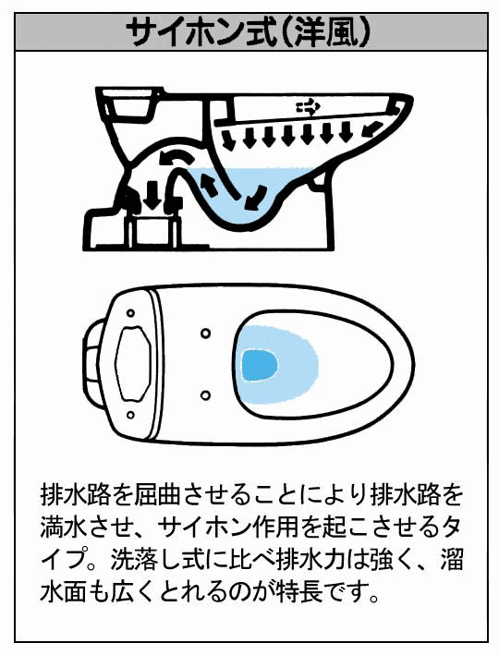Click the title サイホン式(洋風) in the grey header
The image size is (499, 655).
249,32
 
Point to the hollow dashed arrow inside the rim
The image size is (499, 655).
308,108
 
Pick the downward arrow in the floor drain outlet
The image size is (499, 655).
152,195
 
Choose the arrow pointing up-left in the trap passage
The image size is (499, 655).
210,187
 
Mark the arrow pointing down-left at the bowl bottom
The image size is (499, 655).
254,196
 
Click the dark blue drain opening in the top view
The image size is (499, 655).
260,366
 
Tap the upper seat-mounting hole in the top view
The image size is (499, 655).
205,334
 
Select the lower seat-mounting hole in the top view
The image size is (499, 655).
205,394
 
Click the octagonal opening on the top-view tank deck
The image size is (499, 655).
133,362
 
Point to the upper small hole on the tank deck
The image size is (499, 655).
130,312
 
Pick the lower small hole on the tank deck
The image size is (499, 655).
130,415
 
